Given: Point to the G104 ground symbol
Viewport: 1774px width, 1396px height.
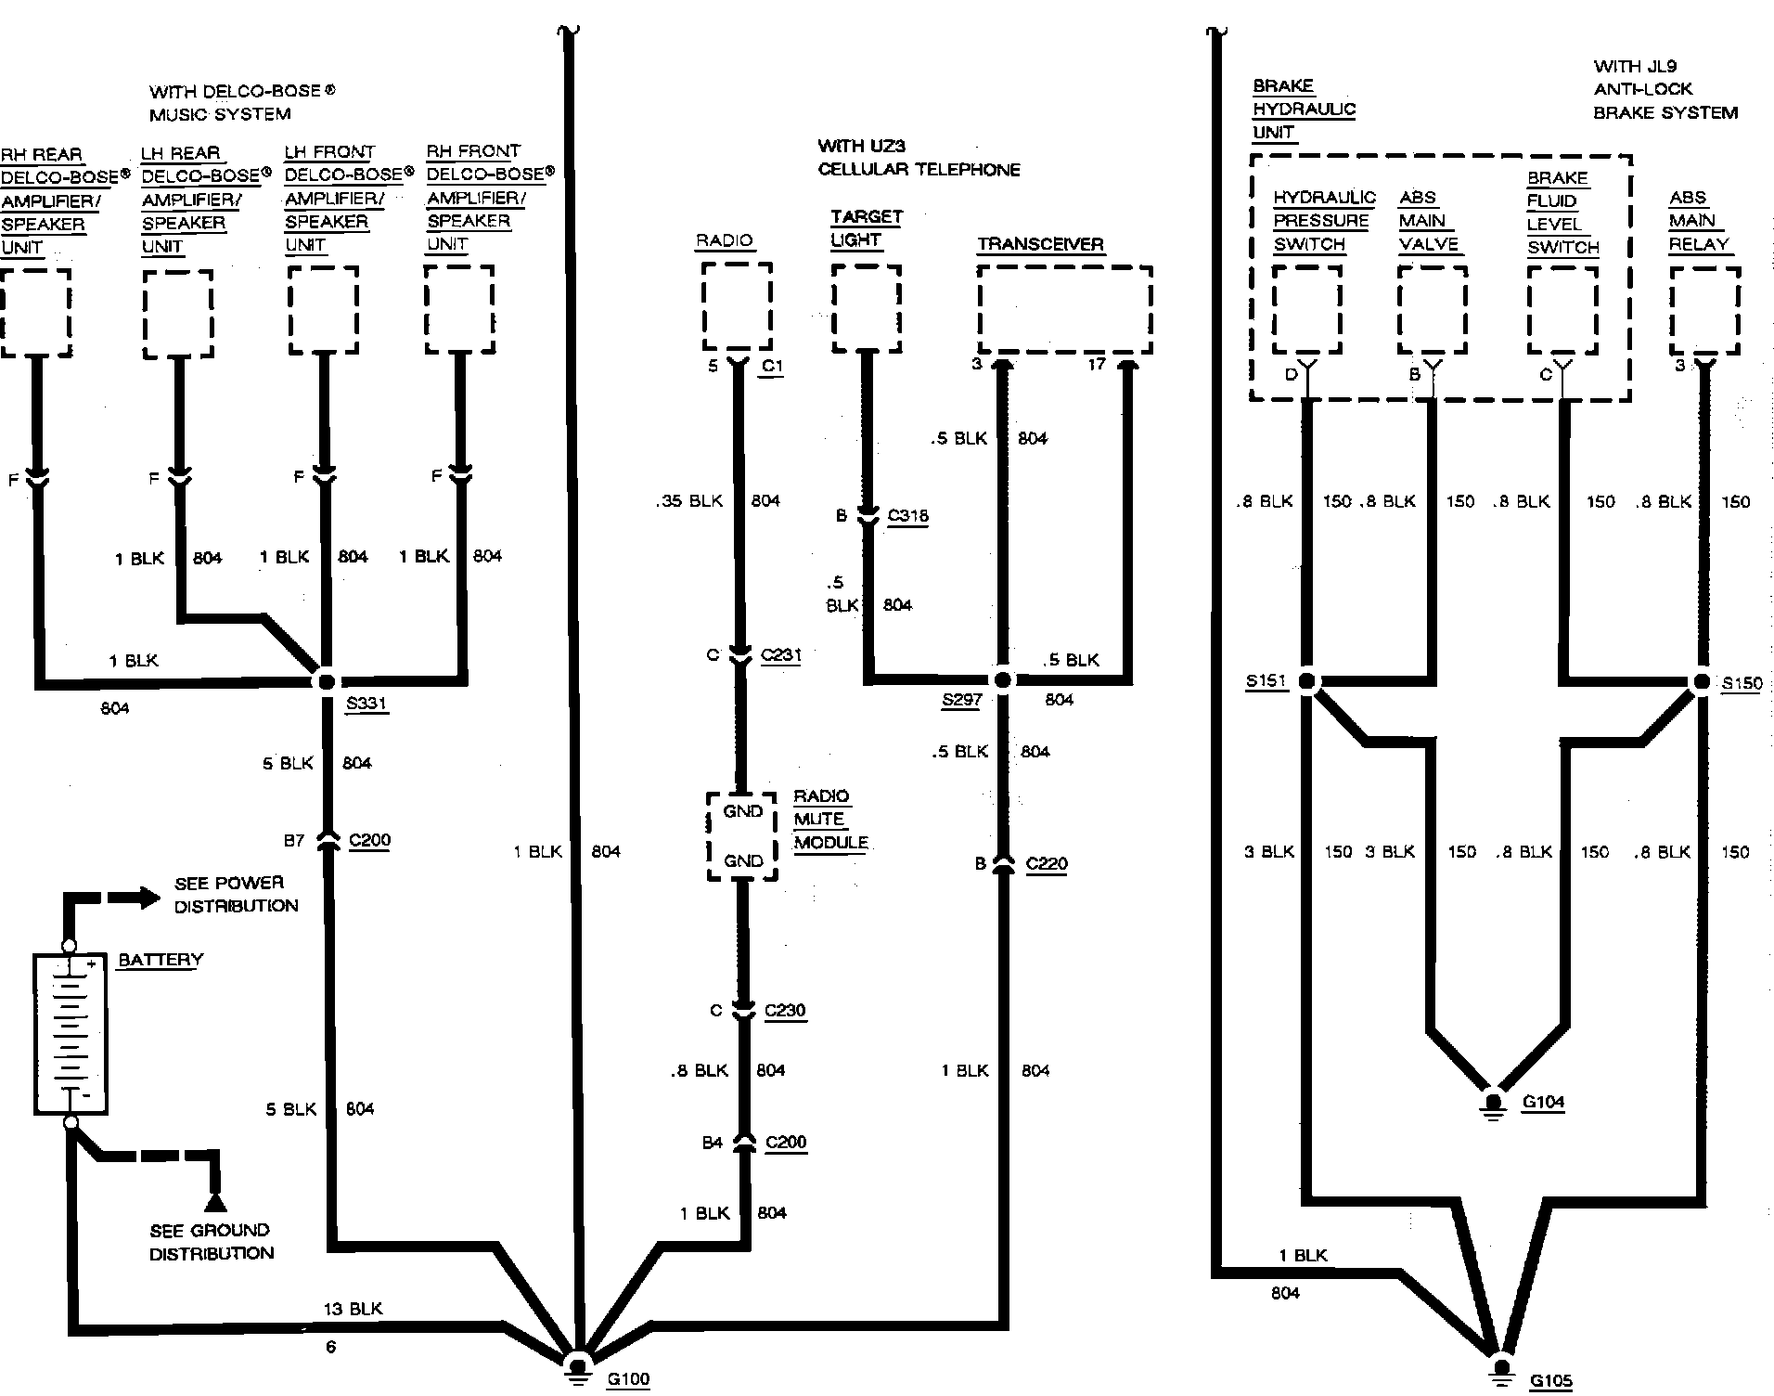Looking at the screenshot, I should click(1492, 1105).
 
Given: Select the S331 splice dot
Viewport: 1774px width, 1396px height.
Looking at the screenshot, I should click(326, 681).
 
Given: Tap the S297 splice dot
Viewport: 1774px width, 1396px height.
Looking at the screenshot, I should click(1002, 680).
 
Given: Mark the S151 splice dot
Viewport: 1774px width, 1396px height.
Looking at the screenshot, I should click(1306, 682).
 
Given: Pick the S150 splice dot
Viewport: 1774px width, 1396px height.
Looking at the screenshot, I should click(1702, 682).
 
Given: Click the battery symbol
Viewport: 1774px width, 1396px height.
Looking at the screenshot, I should click(71, 1032).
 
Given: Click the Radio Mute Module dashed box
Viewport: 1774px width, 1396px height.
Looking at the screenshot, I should click(741, 836).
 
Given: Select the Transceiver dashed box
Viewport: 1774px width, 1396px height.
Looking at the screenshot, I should click(1064, 310).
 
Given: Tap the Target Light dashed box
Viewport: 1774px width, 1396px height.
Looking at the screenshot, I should click(866, 308).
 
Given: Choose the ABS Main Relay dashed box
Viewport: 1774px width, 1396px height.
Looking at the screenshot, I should click(1704, 311).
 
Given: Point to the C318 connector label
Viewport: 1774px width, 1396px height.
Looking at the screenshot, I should click(907, 516).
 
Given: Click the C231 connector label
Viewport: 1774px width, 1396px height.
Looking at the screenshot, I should click(780, 655).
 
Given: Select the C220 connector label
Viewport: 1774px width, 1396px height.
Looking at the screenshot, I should click(1046, 864).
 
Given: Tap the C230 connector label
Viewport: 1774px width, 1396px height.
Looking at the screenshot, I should click(784, 1011).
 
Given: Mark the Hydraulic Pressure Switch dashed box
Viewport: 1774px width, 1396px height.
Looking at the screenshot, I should click(1306, 311).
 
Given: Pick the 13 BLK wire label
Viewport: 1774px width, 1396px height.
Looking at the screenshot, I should click(353, 1309).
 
